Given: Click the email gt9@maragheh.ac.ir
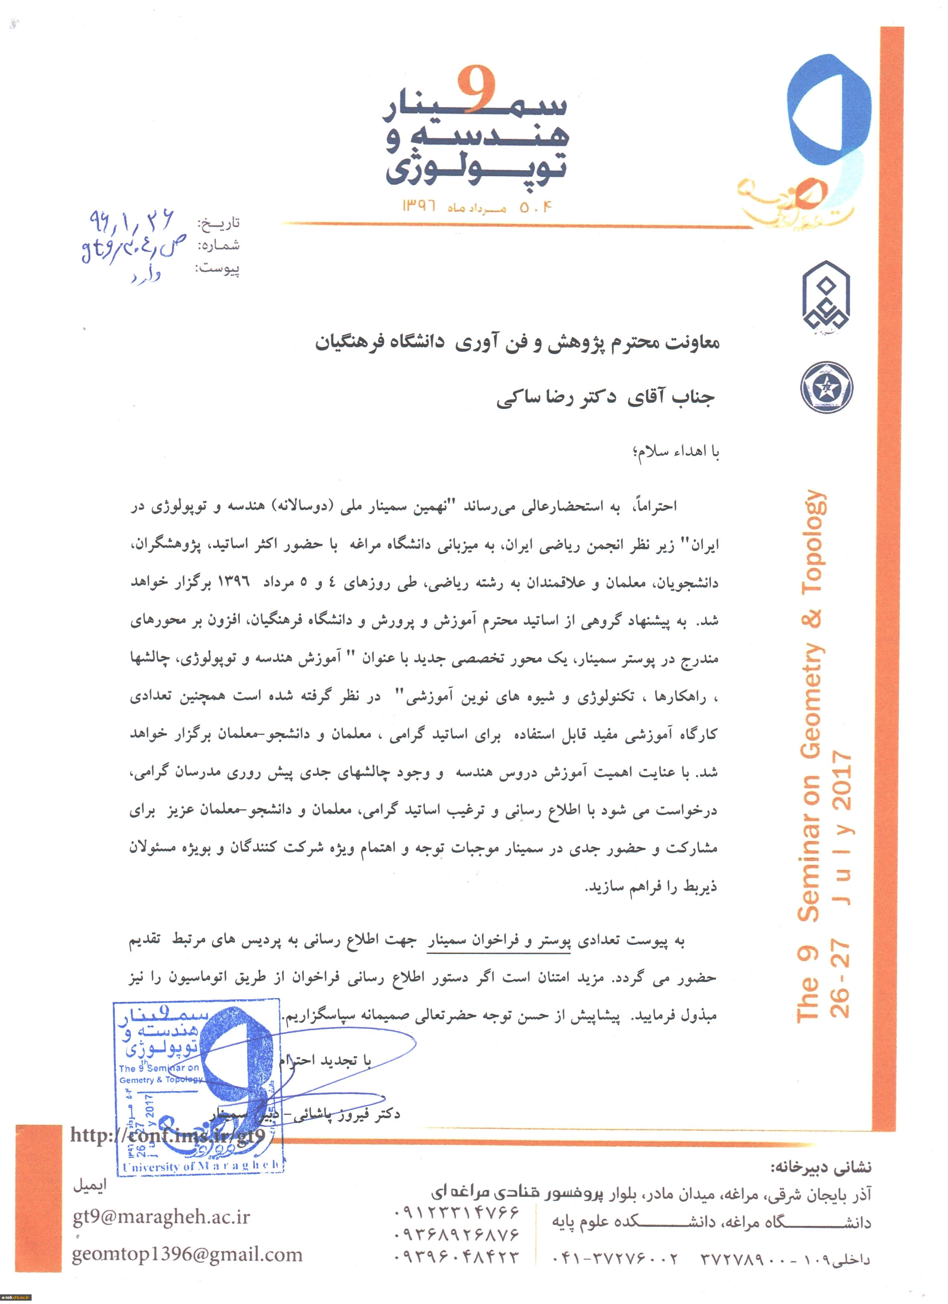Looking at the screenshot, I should [x=161, y=1217].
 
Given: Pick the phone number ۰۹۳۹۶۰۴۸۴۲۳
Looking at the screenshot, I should [x=457, y=1257].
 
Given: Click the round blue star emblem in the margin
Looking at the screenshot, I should [x=826, y=387].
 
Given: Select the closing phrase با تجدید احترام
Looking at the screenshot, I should [x=325, y=1061].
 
